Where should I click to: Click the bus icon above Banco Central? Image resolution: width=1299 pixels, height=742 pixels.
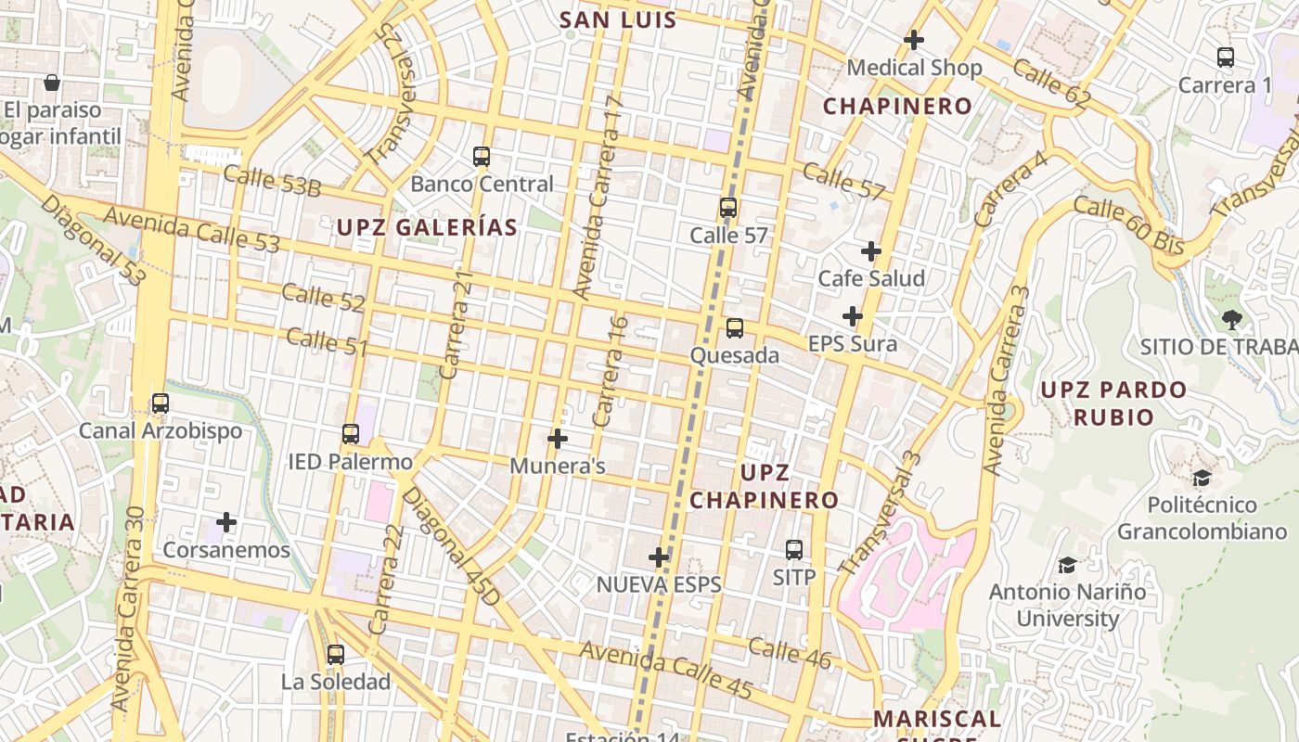click(x=481, y=156)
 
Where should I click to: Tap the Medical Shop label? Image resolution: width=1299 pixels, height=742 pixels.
click(x=914, y=68)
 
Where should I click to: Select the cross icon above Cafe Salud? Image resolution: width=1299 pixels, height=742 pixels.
click(x=870, y=250)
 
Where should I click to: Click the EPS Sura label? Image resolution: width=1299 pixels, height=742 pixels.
click(x=853, y=344)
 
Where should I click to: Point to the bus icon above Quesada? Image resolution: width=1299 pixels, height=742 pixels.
click(x=735, y=327)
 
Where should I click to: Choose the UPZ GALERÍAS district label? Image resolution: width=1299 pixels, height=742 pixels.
click(x=427, y=227)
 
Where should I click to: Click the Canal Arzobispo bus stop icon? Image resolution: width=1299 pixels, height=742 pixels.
click(x=161, y=403)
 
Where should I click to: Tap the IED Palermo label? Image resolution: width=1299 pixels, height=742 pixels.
click(x=350, y=462)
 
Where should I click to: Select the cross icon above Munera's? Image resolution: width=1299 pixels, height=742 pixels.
click(x=558, y=438)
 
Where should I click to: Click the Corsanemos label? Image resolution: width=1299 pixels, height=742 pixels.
click(x=226, y=550)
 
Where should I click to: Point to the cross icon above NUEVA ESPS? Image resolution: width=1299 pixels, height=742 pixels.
click(x=659, y=556)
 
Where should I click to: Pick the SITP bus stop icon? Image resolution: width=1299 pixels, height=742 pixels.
click(x=794, y=549)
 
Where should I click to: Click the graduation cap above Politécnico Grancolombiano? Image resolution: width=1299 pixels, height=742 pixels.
click(x=1202, y=479)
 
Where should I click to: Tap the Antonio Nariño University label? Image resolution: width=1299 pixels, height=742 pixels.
click(x=1067, y=605)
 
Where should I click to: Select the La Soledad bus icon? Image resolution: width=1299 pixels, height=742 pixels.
click(x=336, y=654)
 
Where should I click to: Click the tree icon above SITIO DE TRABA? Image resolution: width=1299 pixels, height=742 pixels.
click(x=1231, y=320)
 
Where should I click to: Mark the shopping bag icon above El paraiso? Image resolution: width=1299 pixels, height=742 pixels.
click(x=52, y=83)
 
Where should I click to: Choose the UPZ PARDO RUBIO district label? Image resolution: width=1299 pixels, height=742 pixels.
click(x=1113, y=403)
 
